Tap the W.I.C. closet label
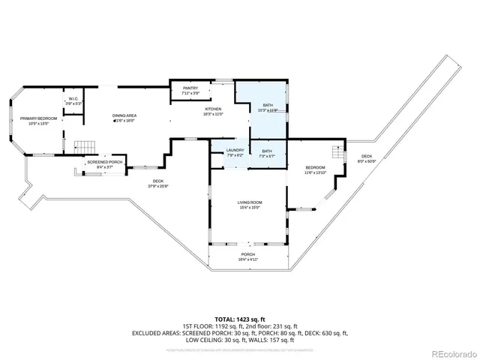tap(73, 100)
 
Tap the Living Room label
tap(250, 204)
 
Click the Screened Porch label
tap(105, 163)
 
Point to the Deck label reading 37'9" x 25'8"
tap(158, 182)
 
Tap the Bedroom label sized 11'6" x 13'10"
tap(315, 169)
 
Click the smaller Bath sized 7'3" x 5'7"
tap(268, 152)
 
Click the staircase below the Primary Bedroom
tap(84, 146)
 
